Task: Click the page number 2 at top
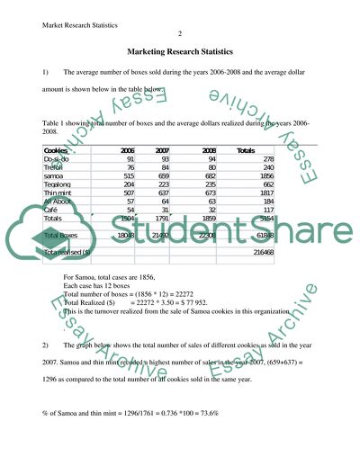tap(180, 33)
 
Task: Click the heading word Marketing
tap(149, 52)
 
